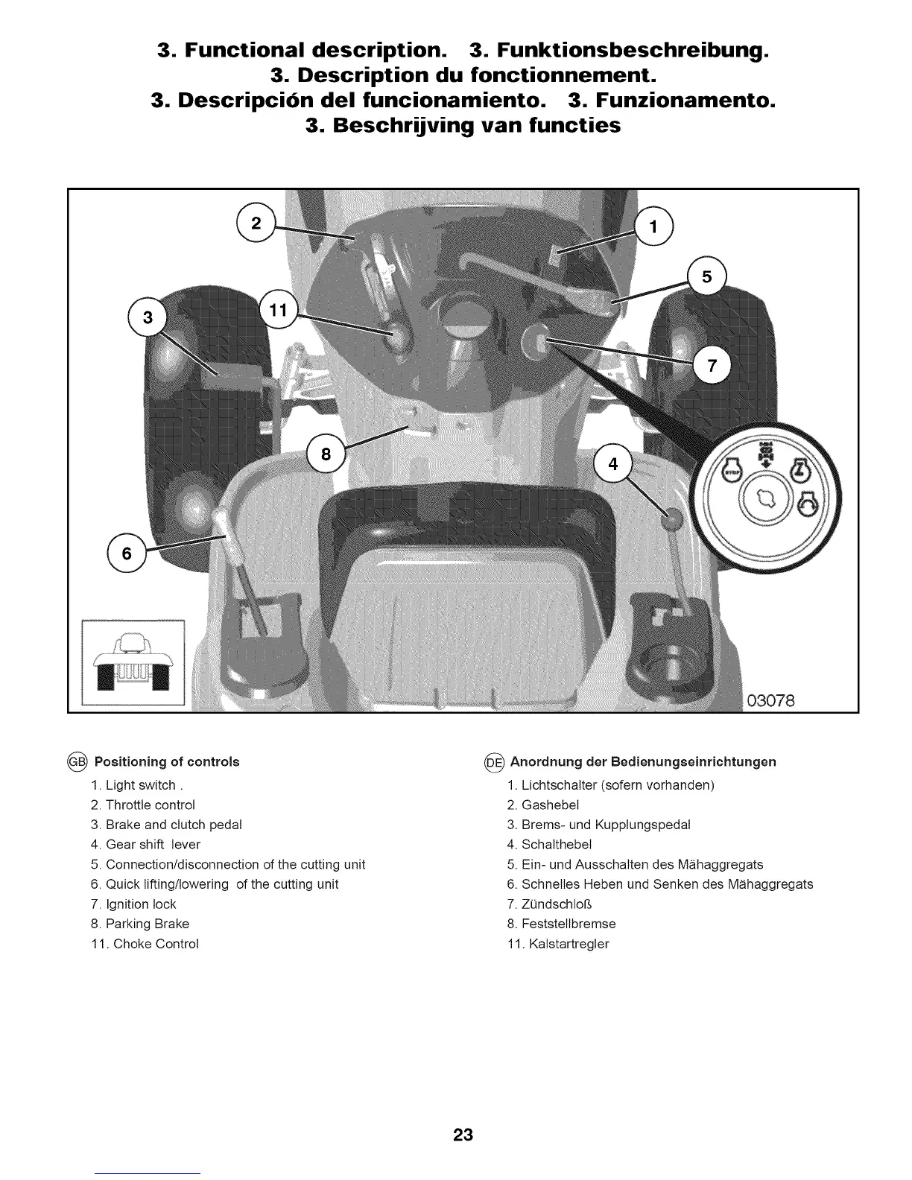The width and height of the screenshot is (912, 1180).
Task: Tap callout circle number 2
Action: tap(256, 223)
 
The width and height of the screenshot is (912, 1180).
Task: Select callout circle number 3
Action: tap(148, 317)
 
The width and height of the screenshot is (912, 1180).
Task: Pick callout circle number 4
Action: tap(613, 464)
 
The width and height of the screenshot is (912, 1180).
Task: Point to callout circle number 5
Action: tap(707, 277)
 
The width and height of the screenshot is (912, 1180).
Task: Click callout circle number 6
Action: tap(127, 553)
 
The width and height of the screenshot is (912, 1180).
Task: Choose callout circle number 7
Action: tap(712, 365)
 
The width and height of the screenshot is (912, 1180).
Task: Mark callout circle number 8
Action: tap(326, 454)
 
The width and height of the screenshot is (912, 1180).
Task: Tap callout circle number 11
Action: tap(277, 310)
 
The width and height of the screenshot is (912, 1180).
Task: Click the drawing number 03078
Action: tap(770, 700)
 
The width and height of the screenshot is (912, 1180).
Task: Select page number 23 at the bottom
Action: tap(463, 1134)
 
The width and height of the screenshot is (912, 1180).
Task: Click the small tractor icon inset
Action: tap(133, 661)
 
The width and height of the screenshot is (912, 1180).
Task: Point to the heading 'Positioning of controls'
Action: tap(167, 761)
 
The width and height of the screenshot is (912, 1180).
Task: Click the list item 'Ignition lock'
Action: tap(141, 904)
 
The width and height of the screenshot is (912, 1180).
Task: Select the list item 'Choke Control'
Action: tap(155, 943)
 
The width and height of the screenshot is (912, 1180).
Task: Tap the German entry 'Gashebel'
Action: tap(550, 805)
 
